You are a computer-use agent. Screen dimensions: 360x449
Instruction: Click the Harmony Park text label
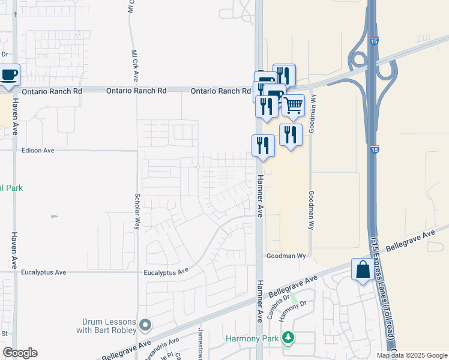[252, 338]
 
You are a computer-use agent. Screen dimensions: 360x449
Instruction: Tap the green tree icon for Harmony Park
[289, 338]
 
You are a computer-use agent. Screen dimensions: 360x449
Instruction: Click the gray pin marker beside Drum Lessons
[145, 325]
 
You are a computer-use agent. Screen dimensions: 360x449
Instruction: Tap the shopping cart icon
[293, 106]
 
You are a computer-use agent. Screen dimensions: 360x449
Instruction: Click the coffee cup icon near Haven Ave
[9, 76]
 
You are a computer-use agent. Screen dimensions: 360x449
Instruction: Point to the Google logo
[20, 353]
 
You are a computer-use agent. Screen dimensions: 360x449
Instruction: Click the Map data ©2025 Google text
[412, 355]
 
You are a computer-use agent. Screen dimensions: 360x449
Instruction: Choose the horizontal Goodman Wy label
[286, 256]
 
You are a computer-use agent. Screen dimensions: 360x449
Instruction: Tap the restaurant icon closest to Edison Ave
[262, 145]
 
